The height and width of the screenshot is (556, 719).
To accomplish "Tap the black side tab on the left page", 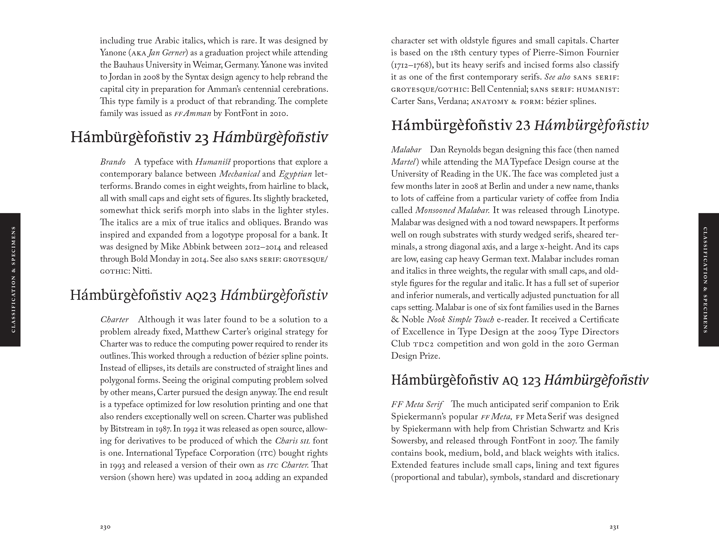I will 10,280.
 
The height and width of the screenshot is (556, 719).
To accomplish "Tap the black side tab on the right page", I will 709,280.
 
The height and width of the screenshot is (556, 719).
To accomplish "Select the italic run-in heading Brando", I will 113,162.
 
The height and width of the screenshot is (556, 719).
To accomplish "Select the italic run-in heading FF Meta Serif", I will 417,404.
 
